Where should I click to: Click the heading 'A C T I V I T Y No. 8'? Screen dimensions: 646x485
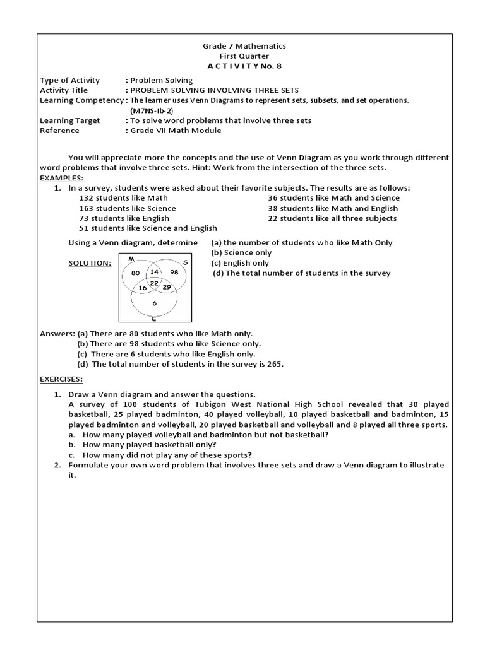click(x=244, y=66)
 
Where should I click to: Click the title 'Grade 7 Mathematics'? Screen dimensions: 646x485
click(x=244, y=46)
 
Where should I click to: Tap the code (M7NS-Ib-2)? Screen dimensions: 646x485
click(x=152, y=110)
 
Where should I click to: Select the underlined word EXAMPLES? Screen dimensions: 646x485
click(x=61, y=178)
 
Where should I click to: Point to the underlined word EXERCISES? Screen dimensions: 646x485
click(x=62, y=380)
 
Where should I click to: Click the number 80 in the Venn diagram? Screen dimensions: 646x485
click(x=135, y=273)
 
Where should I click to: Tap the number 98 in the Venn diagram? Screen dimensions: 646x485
click(x=175, y=273)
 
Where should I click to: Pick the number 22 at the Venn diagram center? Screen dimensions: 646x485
click(x=154, y=283)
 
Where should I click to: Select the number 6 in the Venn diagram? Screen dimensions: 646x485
click(x=155, y=303)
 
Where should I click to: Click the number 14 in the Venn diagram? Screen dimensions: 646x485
click(x=154, y=272)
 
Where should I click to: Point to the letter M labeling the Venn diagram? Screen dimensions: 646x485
click(x=131, y=259)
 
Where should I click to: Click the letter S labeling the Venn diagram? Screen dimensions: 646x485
click(x=185, y=262)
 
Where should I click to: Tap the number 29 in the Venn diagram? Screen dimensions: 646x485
click(x=167, y=287)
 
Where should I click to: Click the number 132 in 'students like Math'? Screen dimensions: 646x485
click(x=86, y=198)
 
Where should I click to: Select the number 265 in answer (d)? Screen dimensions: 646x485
click(x=273, y=364)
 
